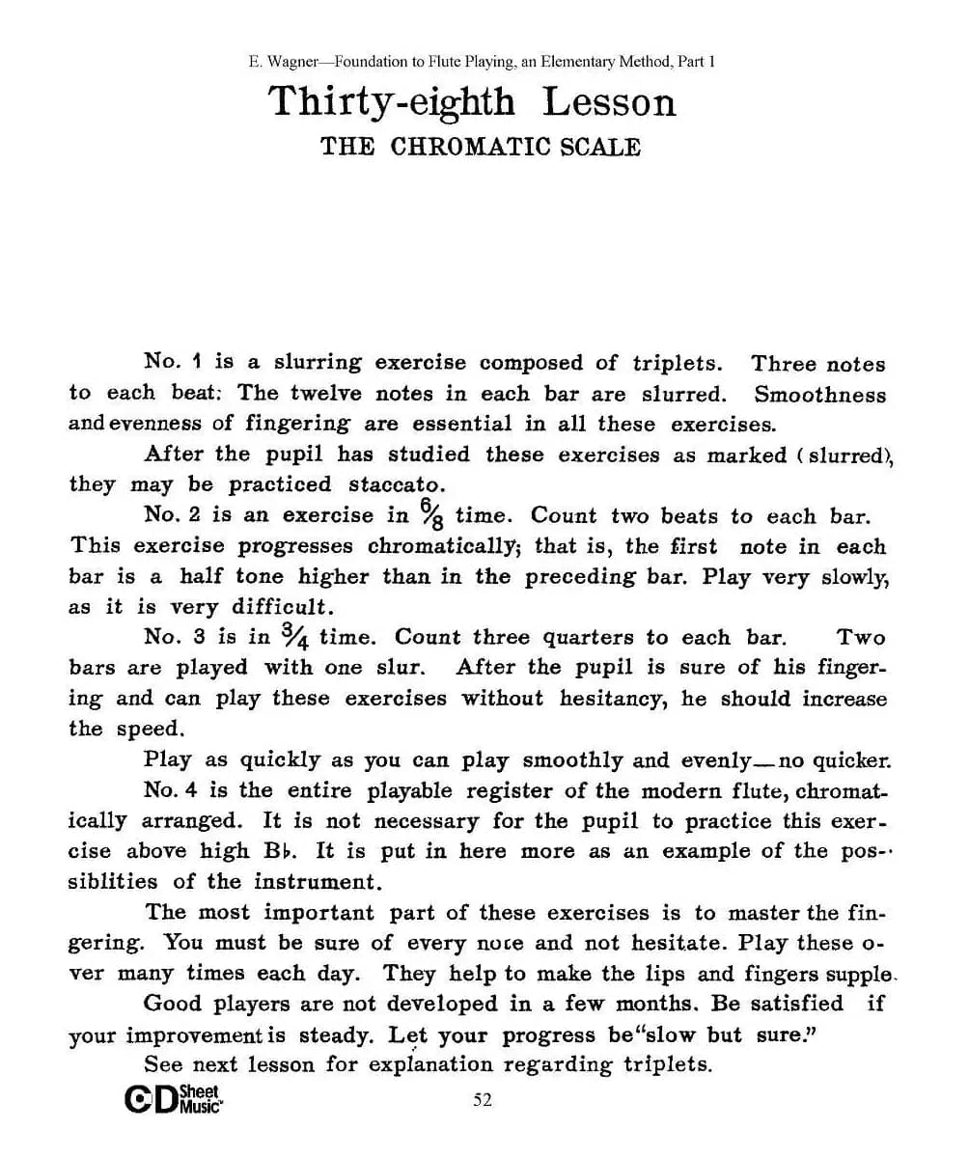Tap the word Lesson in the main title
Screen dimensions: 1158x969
coord(609,101)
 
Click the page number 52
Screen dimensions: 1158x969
coord(483,1100)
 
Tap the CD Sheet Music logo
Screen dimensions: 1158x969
coord(174,1100)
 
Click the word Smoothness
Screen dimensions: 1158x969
coord(819,395)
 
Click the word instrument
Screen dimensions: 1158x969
coord(313,882)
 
